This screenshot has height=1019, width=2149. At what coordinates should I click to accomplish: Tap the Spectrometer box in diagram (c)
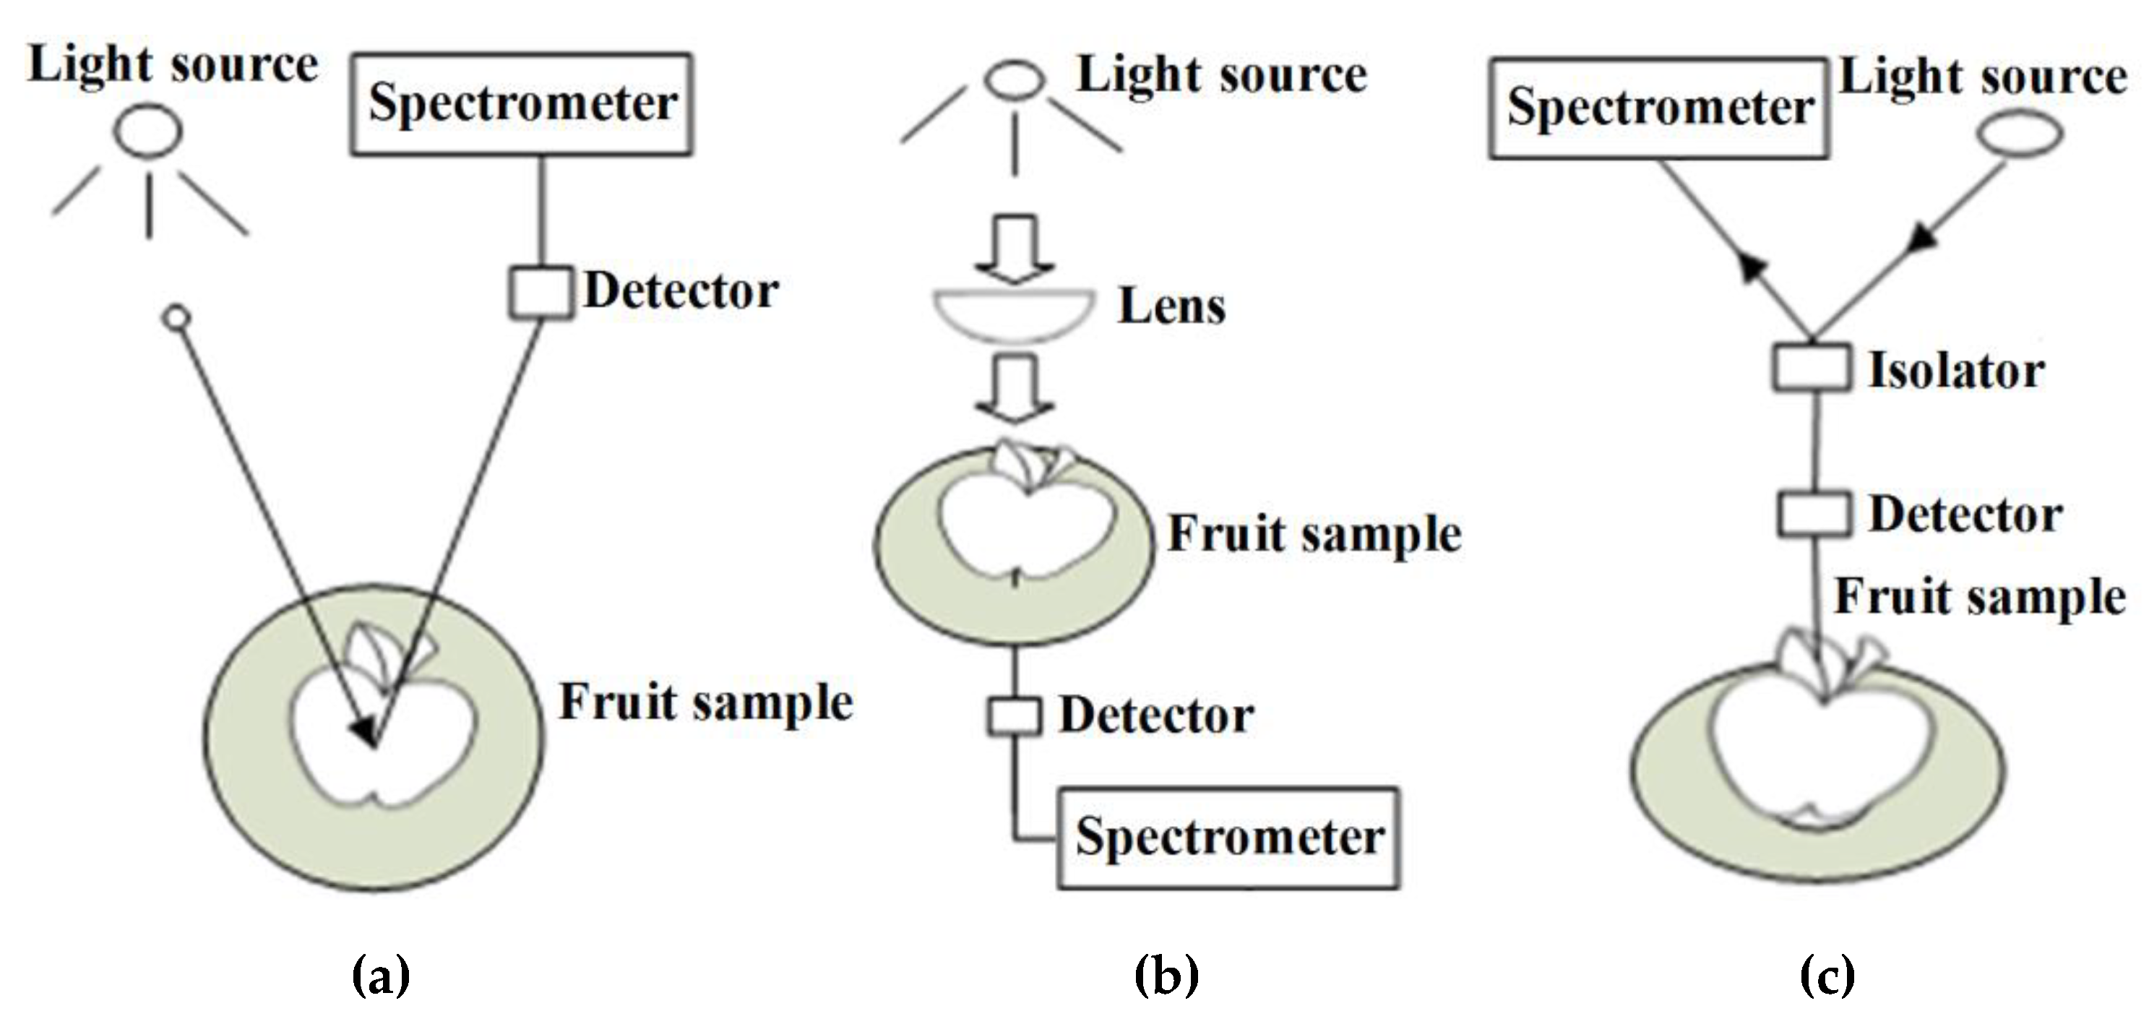coord(1658,108)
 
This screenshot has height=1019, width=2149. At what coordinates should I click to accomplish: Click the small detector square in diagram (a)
coord(541,292)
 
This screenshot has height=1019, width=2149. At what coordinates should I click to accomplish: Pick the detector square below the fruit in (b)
coord(1015,717)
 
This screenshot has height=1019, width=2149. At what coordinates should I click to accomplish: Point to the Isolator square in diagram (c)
coord(1810,369)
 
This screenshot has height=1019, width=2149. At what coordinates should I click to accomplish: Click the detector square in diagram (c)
coord(1812,513)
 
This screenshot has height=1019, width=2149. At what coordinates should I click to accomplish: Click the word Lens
coord(1171,306)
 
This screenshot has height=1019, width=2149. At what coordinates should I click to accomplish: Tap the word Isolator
coord(1955,371)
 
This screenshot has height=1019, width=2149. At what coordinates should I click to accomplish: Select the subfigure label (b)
coord(1166,975)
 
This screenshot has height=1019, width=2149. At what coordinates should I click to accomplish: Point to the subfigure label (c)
coord(1827,975)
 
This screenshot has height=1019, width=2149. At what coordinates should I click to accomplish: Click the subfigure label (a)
coord(382,975)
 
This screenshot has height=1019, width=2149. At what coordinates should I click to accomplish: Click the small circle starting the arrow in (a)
coord(177,318)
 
